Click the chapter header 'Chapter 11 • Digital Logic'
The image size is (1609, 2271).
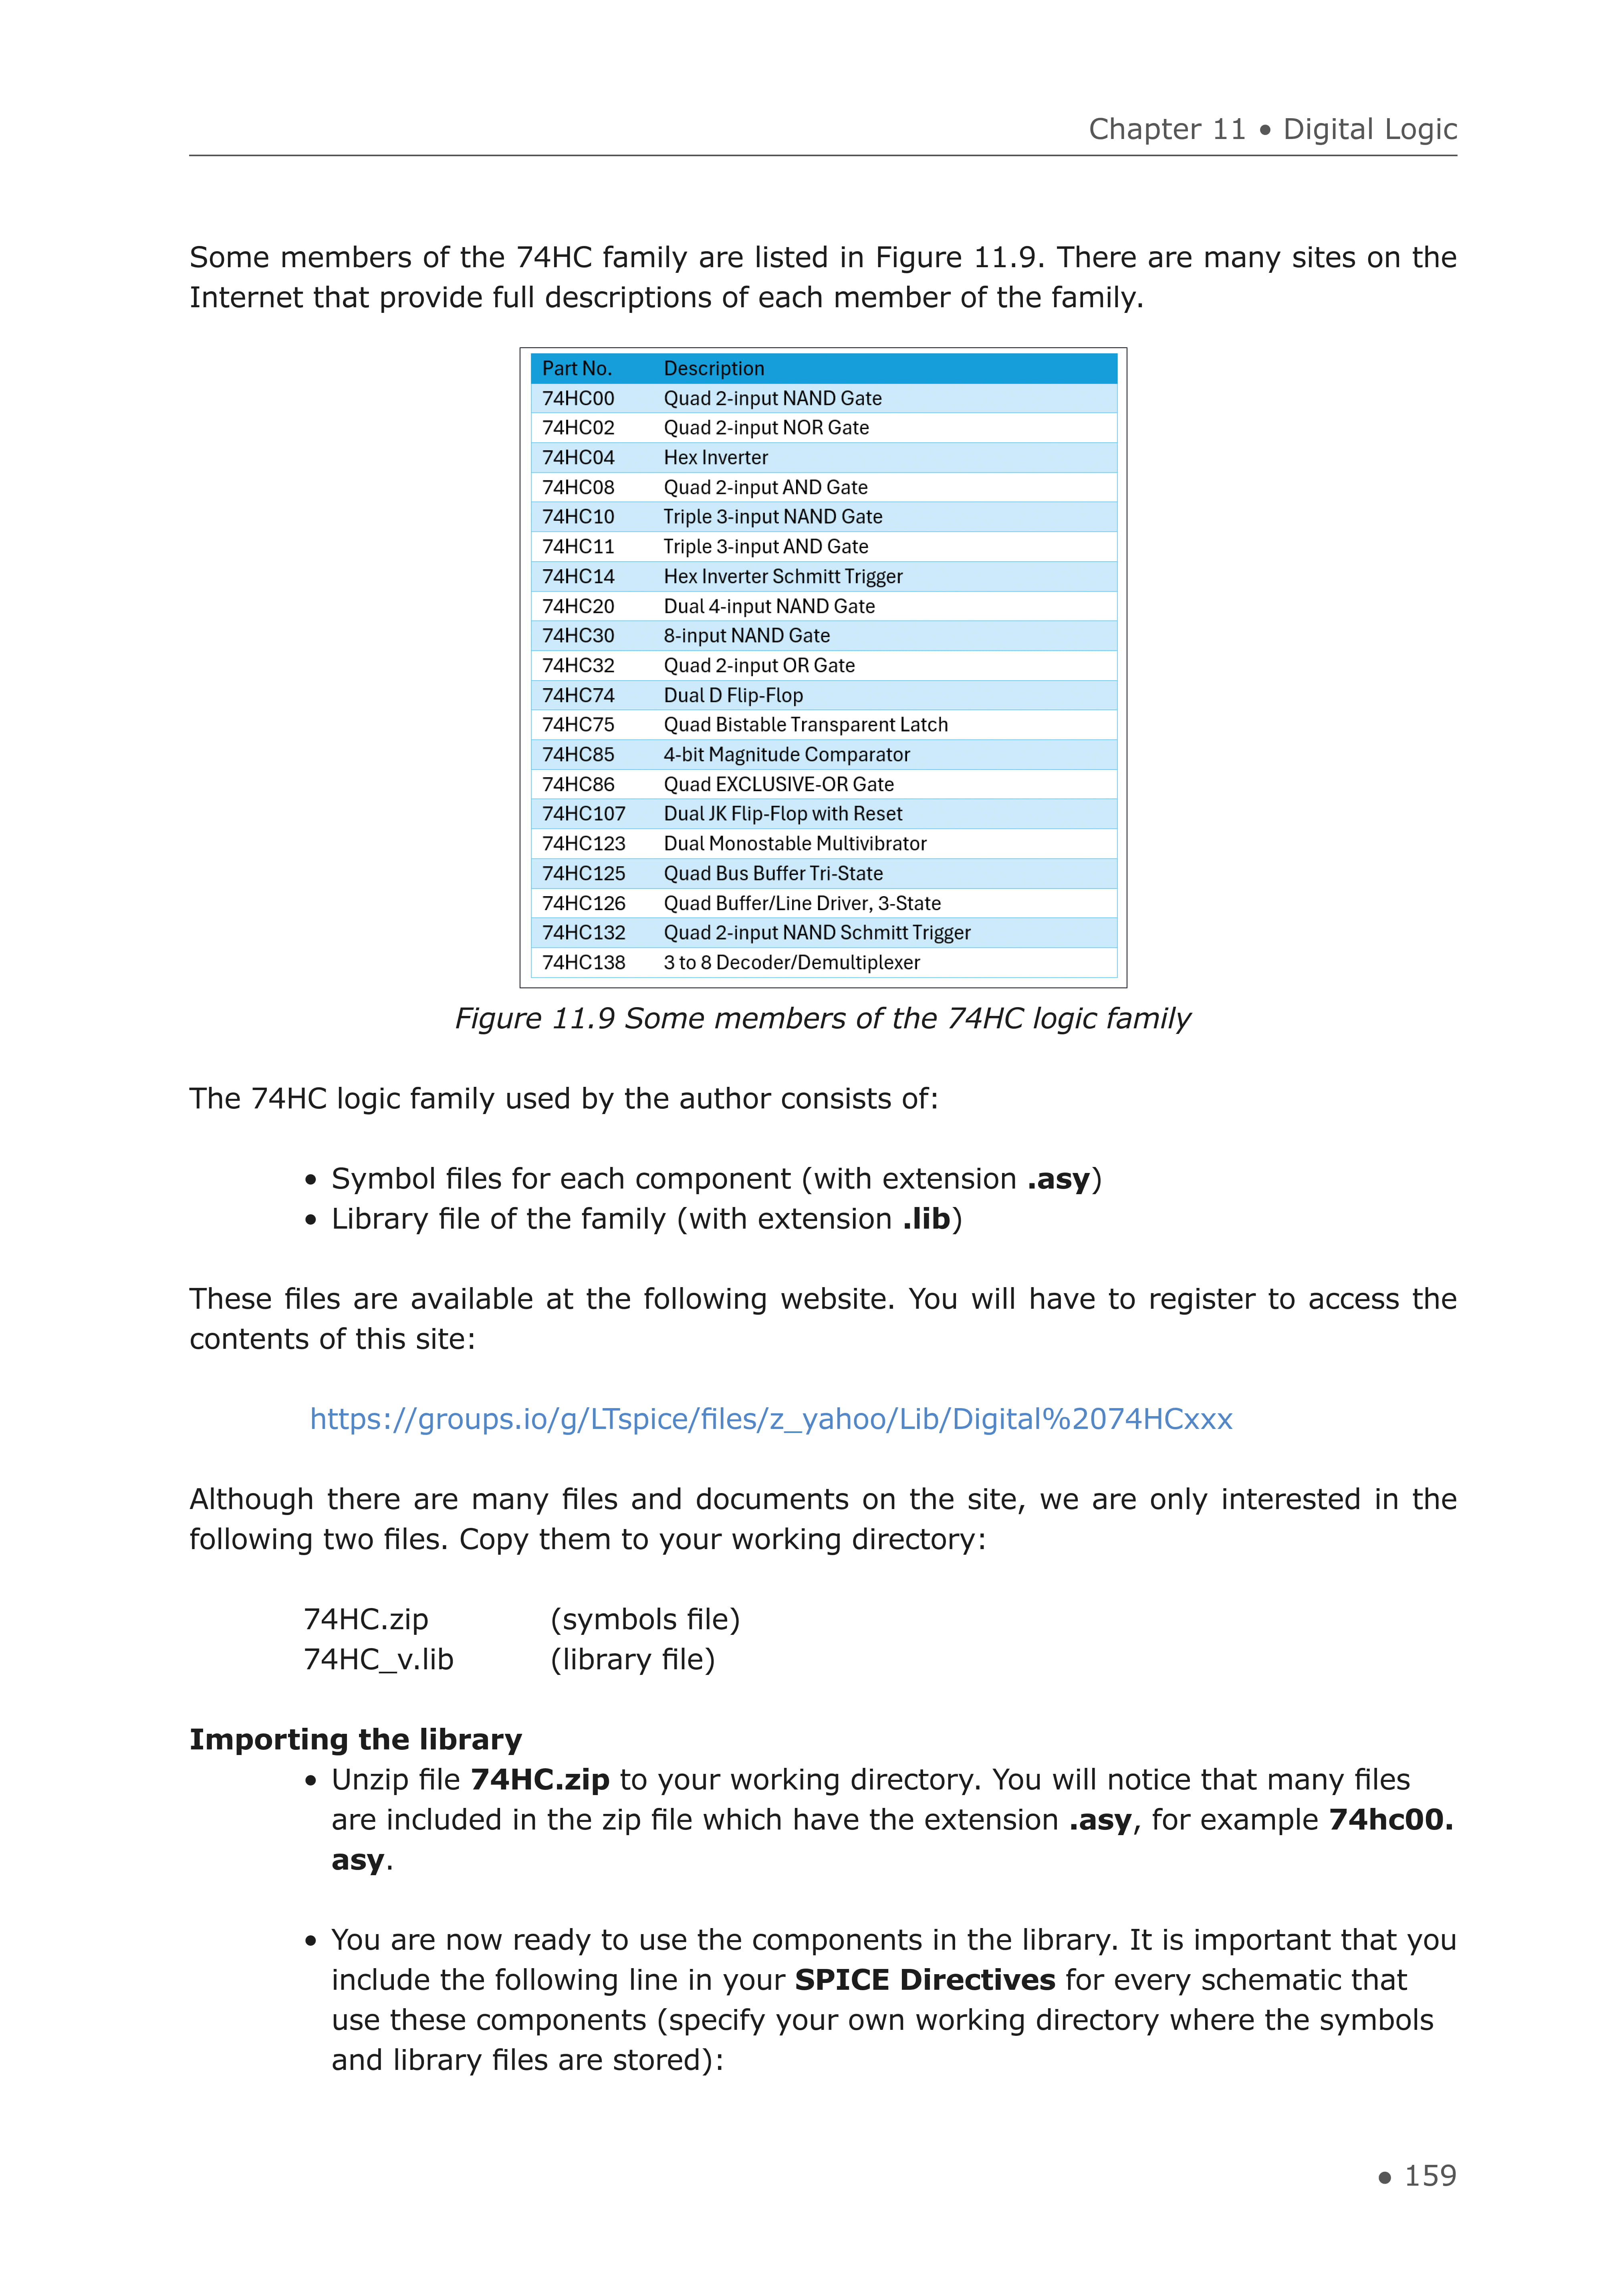tap(1272, 130)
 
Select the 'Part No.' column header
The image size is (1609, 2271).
tap(577, 369)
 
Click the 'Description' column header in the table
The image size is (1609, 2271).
tap(713, 369)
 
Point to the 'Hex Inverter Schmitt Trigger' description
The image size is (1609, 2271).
tap(783, 576)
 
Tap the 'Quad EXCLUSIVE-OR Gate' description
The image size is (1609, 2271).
tap(779, 784)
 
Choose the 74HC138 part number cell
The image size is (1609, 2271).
tap(584, 963)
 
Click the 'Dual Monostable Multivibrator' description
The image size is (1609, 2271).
tap(794, 844)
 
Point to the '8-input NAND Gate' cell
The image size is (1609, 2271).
tap(746, 636)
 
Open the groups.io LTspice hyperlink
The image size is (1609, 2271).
tap(771, 1419)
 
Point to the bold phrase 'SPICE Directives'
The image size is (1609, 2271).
tap(924, 1980)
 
